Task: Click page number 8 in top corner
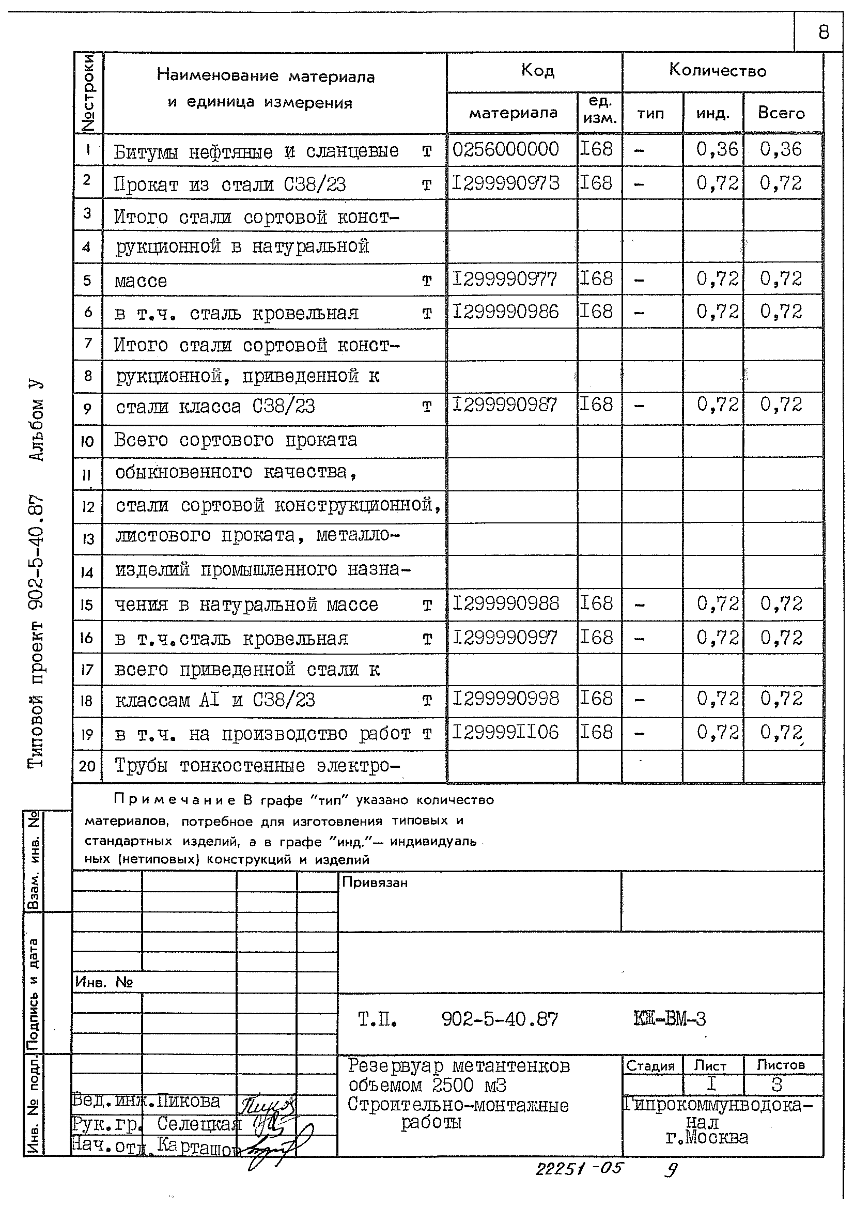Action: (824, 33)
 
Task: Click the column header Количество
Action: (717, 70)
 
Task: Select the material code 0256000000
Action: (505, 149)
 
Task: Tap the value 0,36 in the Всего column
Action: (780, 149)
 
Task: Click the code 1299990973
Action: (506, 183)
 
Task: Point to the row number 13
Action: (87, 539)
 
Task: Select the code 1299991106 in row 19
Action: (505, 732)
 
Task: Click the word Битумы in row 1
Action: (146, 152)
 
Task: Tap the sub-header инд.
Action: (712, 114)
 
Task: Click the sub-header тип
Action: (650, 114)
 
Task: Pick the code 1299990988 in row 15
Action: (506, 603)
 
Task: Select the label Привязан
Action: (375, 882)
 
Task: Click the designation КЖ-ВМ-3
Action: (670, 1019)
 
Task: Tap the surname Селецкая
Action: (199, 1124)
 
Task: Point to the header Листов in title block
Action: (780, 1065)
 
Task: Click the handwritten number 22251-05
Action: (578, 1169)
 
